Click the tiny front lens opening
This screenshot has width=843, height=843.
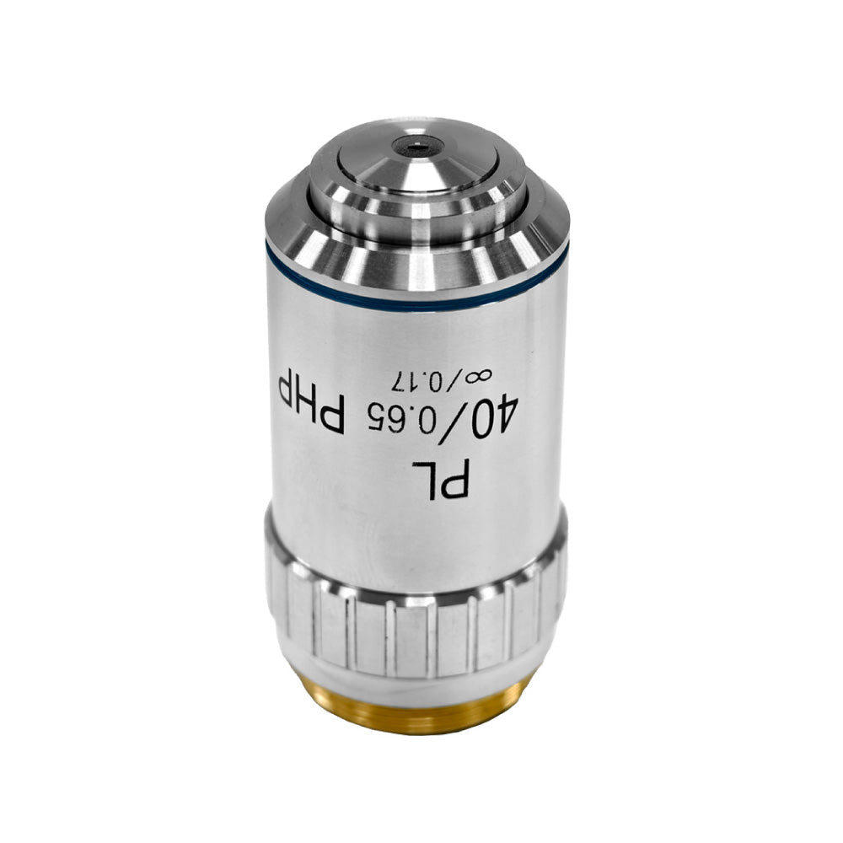click(x=418, y=145)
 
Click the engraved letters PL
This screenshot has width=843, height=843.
click(x=441, y=479)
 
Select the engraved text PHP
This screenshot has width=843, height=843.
click(x=311, y=400)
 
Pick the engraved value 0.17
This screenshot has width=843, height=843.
click(x=421, y=381)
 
